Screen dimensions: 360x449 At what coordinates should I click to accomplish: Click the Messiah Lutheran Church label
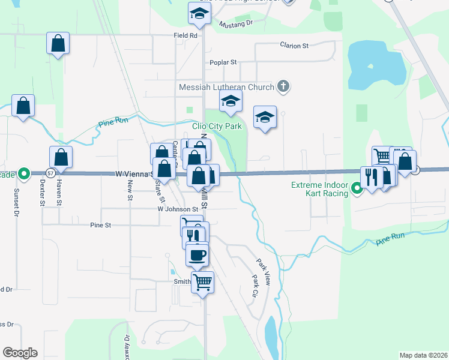pos(228,88)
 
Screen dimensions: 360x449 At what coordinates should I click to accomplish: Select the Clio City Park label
pos(217,126)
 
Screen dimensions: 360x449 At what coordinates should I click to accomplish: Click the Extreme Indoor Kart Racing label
pos(319,189)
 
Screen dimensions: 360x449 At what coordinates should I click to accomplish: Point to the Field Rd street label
pos(185,36)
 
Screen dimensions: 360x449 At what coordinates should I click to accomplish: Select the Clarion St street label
pos(294,45)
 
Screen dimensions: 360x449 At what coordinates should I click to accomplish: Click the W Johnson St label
pos(178,209)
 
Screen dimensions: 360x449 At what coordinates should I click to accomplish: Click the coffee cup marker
pos(197,256)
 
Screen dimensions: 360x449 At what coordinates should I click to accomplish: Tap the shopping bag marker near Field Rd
pos(58,43)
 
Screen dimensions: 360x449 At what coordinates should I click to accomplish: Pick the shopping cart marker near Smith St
pos(203,281)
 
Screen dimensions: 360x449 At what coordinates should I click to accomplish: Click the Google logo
pos(20,353)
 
